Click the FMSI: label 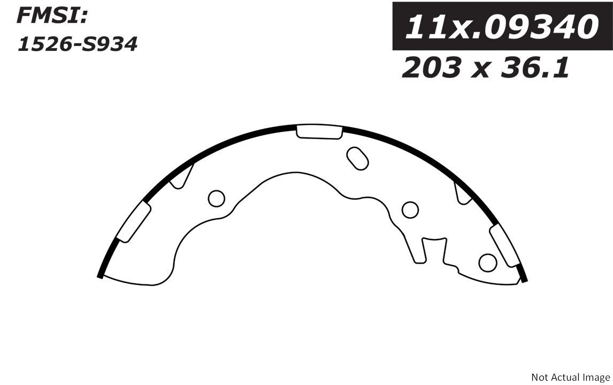tap(51, 16)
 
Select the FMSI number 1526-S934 tap(77, 44)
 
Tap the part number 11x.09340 tap(502, 27)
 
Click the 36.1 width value tap(535, 67)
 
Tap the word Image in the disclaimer tap(597, 378)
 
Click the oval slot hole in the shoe tap(357, 158)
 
